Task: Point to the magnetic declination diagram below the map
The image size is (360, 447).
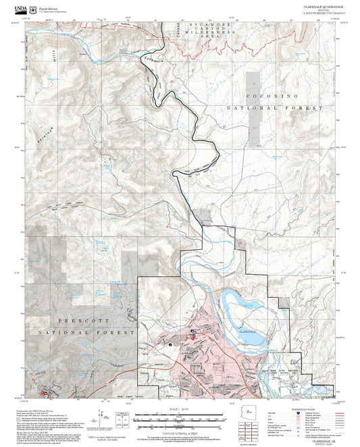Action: pos(102,418)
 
